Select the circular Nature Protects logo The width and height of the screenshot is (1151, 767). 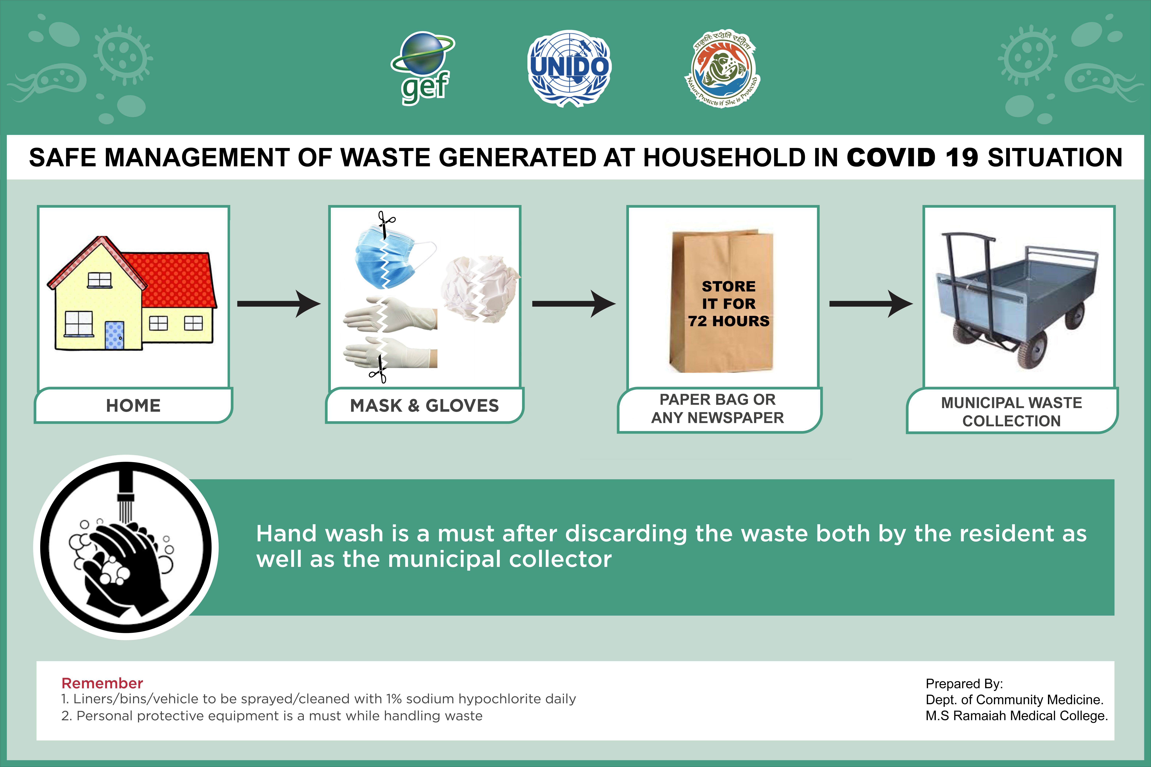(722, 68)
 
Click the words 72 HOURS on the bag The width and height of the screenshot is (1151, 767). (729, 321)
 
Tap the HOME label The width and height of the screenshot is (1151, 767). (133, 406)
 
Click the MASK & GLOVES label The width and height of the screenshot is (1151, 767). (424, 406)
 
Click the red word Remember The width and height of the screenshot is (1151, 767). (102, 683)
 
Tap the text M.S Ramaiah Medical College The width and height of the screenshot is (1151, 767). (1016, 716)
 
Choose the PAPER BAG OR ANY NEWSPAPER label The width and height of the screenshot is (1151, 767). (717, 408)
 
